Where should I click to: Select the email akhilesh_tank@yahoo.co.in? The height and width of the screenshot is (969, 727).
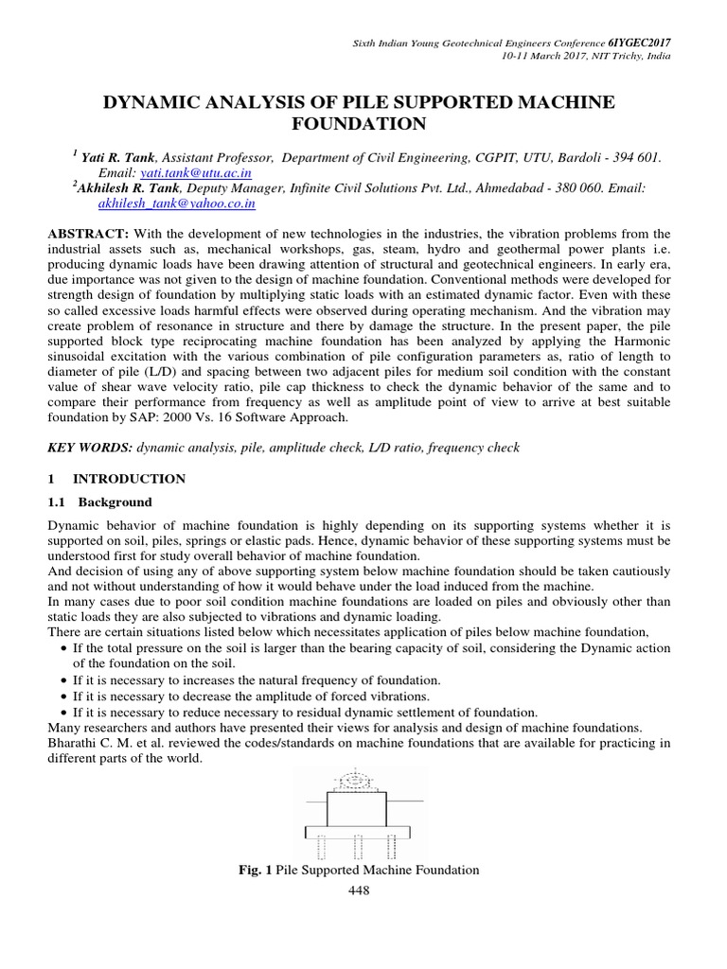coord(177,203)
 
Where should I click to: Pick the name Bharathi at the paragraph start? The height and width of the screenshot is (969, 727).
coord(74,743)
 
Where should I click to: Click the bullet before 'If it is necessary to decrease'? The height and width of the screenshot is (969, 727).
coord(62,696)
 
